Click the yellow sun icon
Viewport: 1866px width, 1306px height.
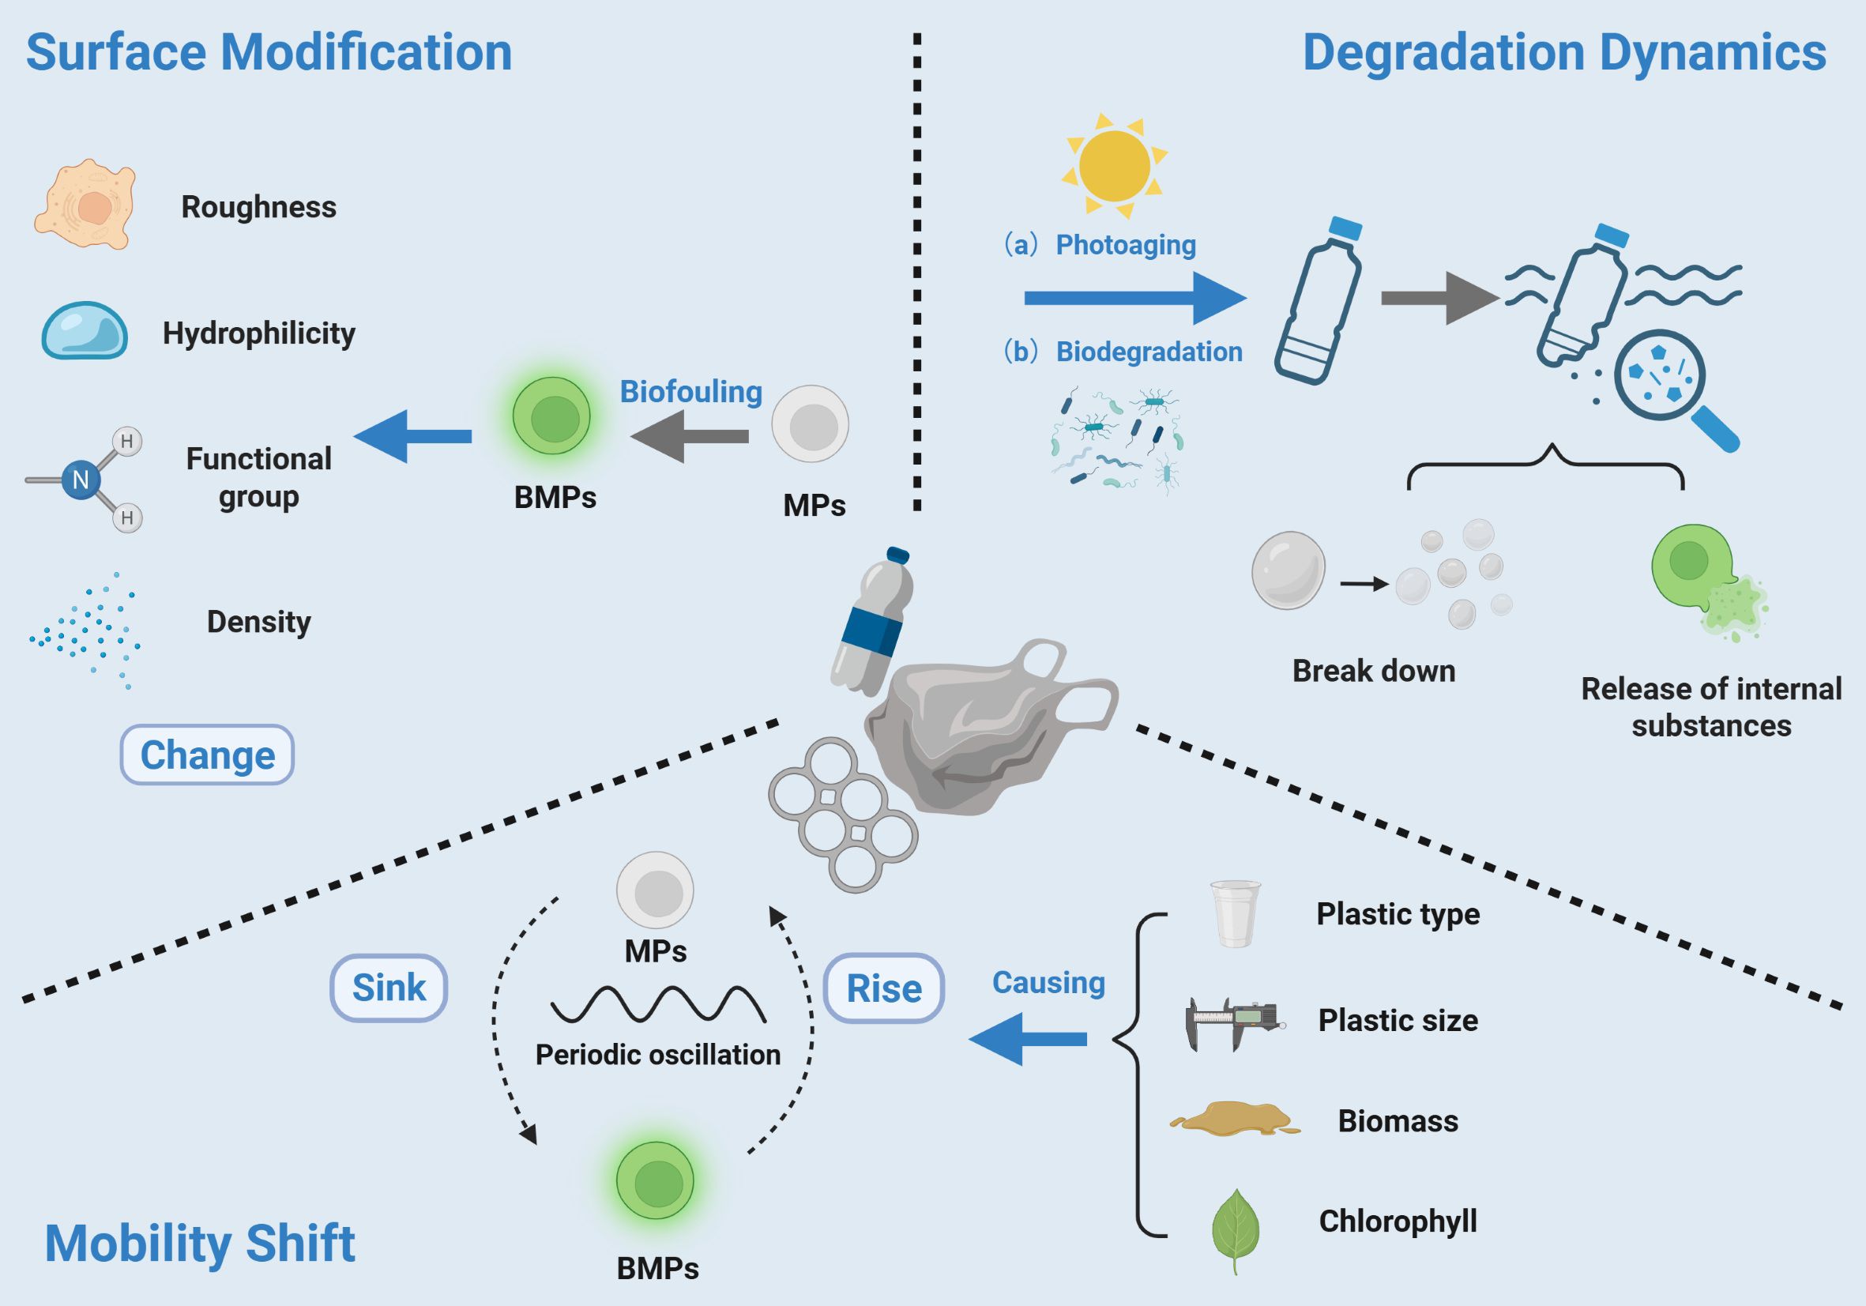(1114, 166)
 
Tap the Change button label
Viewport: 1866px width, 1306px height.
(207, 755)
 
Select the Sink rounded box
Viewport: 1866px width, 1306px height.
(389, 988)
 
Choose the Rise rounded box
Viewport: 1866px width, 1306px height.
(884, 988)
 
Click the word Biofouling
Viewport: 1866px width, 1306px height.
(690, 392)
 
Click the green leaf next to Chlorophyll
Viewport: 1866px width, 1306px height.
(1236, 1227)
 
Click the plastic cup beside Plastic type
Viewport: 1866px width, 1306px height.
(1236, 913)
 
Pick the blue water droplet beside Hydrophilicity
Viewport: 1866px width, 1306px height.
(85, 332)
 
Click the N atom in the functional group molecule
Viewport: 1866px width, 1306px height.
(81, 480)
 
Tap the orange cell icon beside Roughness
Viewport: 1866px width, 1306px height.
(85, 205)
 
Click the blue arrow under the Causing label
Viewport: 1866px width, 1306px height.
(1028, 1039)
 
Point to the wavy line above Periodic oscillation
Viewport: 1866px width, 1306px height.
(658, 1004)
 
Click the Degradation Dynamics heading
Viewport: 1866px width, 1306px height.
(1564, 52)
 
